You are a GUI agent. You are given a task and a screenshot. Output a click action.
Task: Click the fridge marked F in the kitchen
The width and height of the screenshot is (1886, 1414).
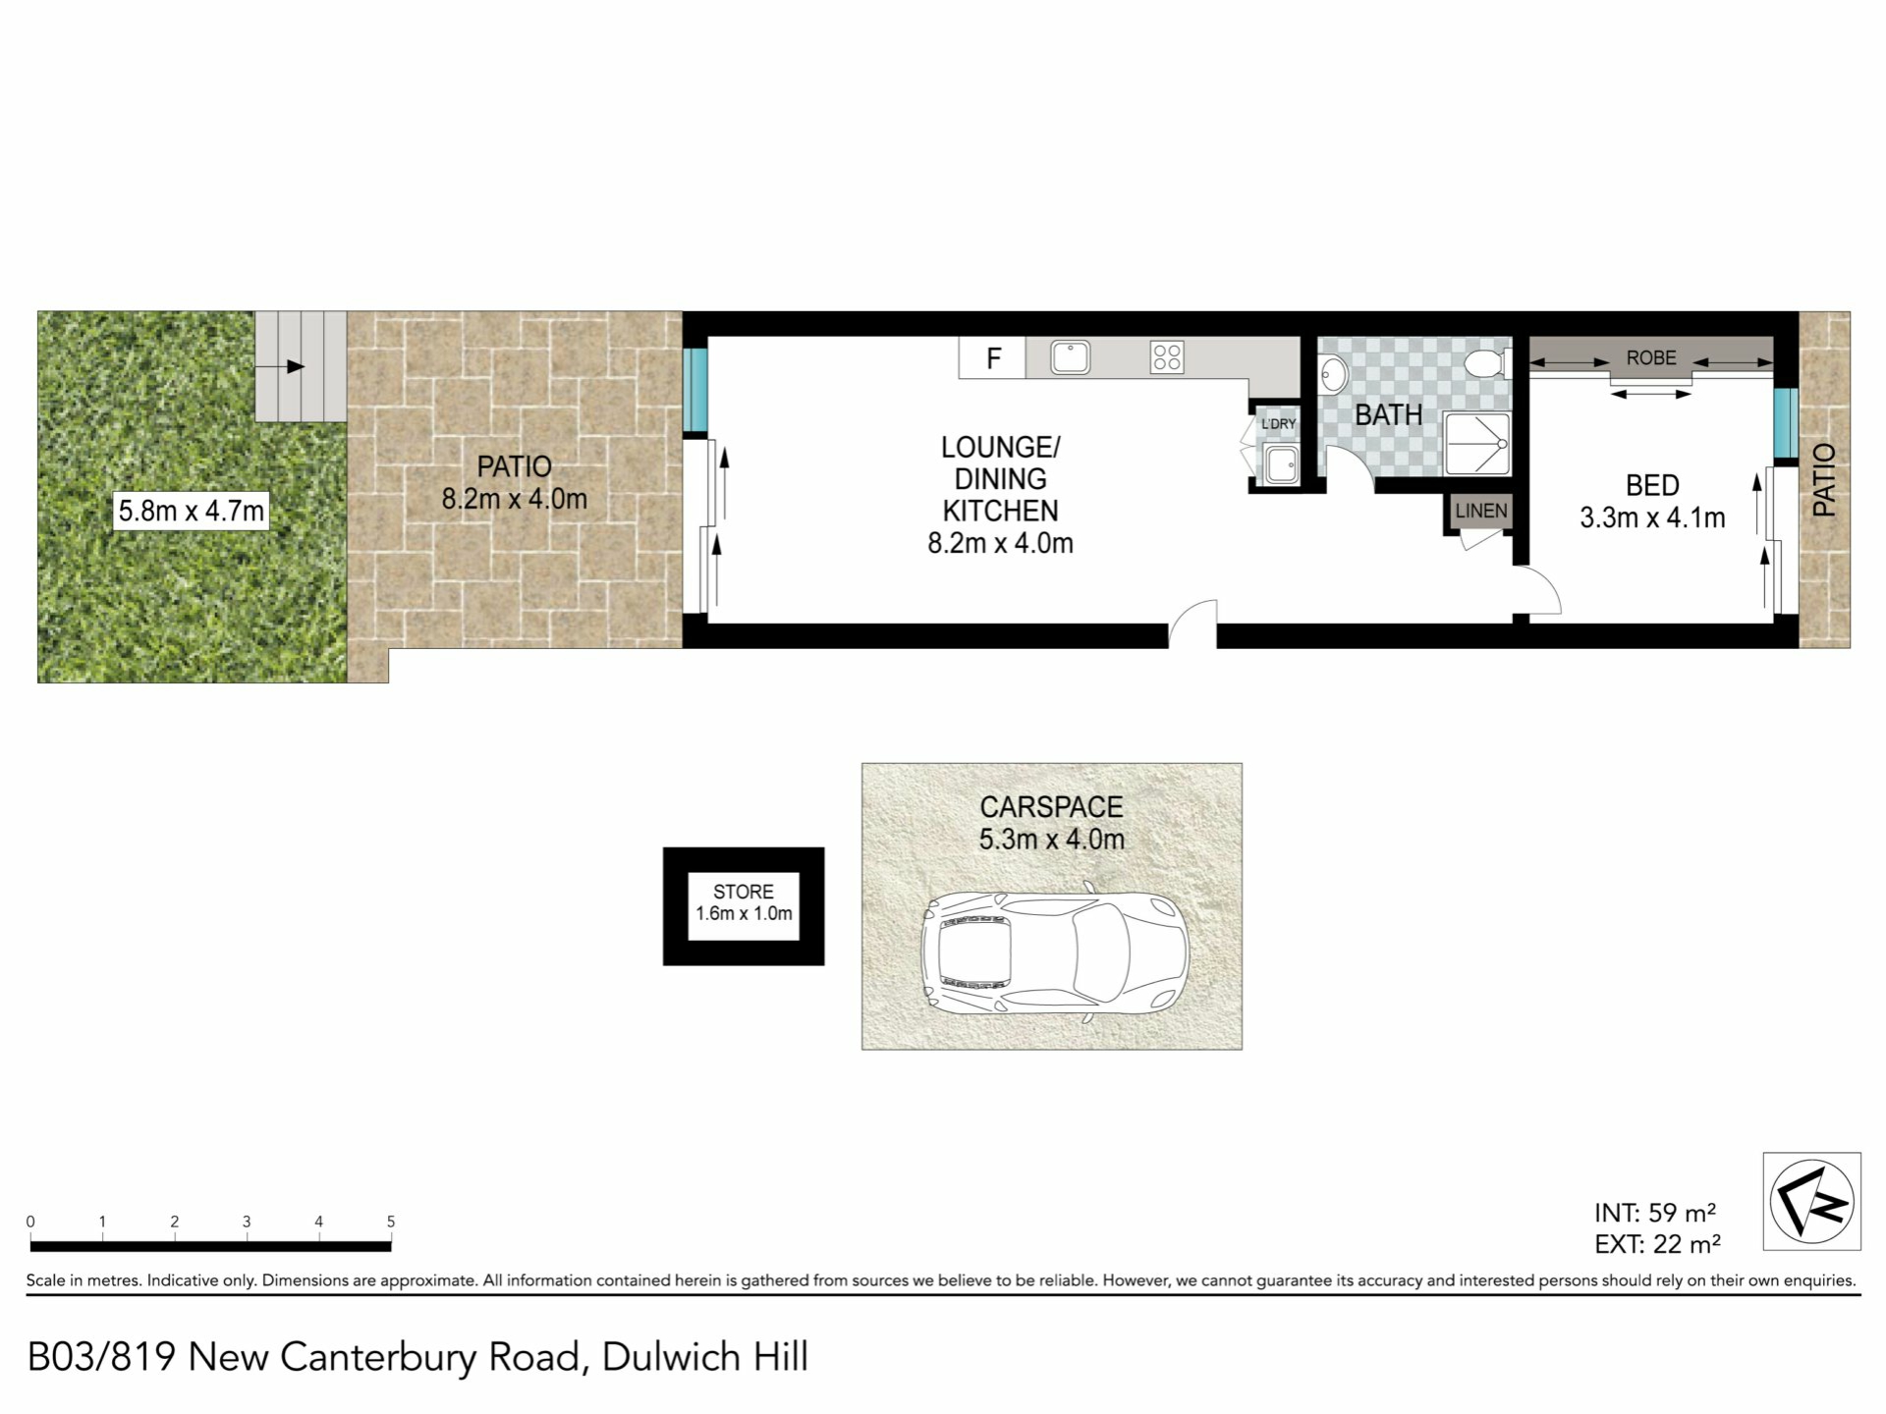[992, 358]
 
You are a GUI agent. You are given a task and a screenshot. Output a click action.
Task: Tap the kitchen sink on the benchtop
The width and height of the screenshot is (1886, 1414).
[1071, 357]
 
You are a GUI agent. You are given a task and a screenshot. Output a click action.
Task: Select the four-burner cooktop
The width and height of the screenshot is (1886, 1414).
[1167, 357]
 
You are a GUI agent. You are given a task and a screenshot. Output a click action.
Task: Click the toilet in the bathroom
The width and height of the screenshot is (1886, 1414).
[1487, 363]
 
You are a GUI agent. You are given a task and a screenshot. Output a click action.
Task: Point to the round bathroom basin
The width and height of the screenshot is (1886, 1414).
[1334, 375]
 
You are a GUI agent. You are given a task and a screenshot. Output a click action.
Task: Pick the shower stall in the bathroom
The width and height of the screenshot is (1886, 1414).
[1476, 445]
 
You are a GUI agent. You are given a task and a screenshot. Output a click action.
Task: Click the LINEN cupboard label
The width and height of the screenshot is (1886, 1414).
[1480, 511]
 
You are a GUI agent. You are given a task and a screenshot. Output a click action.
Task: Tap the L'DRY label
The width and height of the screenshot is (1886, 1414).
[1278, 424]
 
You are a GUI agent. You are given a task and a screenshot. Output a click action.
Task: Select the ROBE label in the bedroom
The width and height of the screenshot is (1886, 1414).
[1651, 357]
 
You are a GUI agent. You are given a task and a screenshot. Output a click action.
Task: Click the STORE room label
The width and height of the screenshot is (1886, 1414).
[744, 892]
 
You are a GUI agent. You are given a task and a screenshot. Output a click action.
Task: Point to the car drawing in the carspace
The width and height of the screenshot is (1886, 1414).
[1054, 952]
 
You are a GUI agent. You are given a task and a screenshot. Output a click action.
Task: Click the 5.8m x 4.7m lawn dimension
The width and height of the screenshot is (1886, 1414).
[192, 511]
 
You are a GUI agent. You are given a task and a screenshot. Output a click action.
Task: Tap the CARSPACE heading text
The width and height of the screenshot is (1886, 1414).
[1051, 807]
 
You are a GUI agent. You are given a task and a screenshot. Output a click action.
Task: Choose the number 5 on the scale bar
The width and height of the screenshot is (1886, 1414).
[391, 1222]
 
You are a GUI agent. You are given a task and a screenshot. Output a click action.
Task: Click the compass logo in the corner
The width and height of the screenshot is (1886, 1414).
[1811, 1201]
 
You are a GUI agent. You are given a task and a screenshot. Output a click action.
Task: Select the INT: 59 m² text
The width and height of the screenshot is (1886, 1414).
[1655, 1213]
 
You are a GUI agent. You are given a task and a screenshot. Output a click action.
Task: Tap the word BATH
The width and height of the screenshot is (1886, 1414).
[1388, 415]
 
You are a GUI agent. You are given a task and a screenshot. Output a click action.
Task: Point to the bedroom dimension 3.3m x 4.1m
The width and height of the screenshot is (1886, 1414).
[1652, 517]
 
